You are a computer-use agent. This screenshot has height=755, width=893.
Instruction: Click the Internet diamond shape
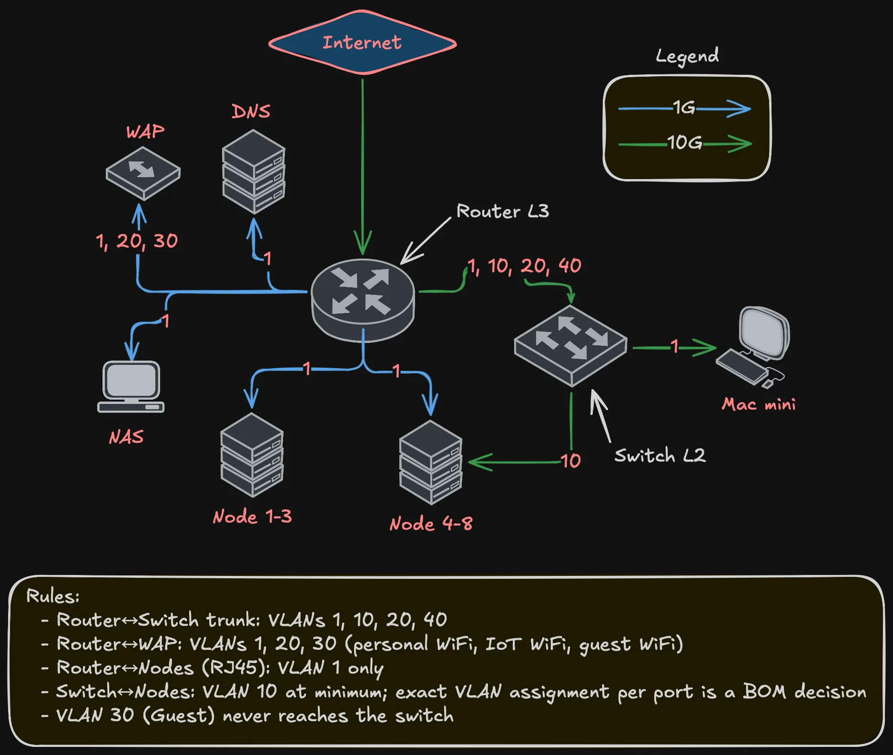click(x=362, y=43)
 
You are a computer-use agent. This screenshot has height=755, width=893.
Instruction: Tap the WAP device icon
click(x=143, y=172)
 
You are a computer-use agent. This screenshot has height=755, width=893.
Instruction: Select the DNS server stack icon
click(x=254, y=171)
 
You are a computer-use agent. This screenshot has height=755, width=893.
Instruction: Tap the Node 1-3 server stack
click(x=252, y=454)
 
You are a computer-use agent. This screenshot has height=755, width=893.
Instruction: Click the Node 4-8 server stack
click(x=431, y=462)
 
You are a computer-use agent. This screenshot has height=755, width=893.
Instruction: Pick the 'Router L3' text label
click(x=502, y=211)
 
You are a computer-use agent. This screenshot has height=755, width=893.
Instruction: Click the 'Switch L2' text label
click(x=660, y=455)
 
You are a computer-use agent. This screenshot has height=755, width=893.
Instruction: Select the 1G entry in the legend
click(x=684, y=108)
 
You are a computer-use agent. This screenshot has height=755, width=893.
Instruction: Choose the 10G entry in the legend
click(x=684, y=142)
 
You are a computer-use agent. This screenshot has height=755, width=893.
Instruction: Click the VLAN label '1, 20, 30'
click(x=137, y=241)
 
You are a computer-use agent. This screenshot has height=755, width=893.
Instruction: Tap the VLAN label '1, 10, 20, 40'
click(x=524, y=266)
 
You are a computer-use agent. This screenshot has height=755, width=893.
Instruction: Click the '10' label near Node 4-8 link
click(x=570, y=461)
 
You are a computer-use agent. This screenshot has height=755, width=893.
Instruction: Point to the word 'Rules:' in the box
click(x=53, y=596)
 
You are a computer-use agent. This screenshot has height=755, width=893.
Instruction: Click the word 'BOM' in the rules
click(x=764, y=691)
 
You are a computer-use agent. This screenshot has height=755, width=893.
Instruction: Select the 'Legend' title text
click(x=687, y=56)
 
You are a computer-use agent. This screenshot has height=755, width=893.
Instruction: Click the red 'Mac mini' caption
click(x=758, y=404)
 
